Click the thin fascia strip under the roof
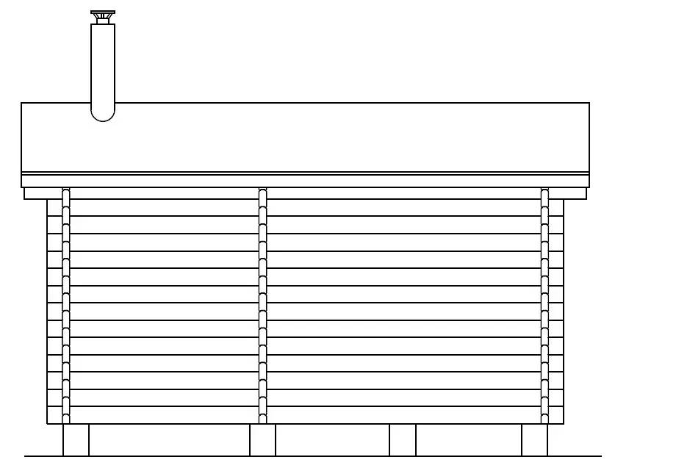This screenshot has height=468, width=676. pos(305,180)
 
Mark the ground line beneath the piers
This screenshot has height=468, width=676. pos(331,456)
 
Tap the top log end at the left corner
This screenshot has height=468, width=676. pos(54,207)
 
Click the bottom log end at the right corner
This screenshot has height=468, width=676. pos(556,415)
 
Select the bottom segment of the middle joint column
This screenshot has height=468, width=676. pos(262,416)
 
